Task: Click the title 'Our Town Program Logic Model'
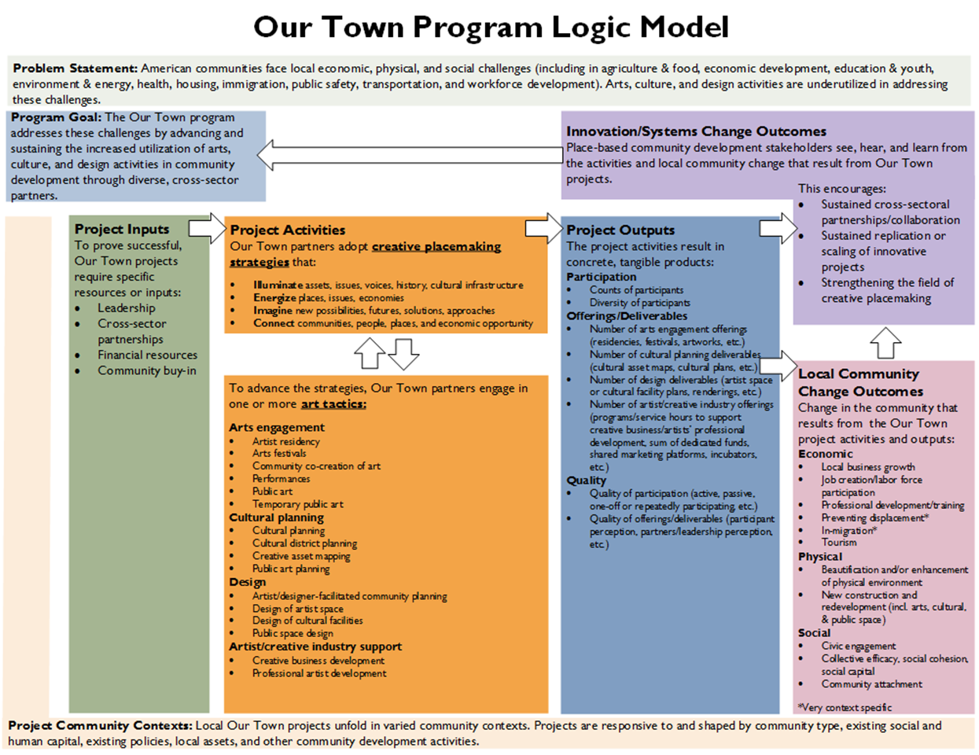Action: (x=491, y=28)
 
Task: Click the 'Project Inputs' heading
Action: (x=122, y=229)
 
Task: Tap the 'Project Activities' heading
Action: (x=288, y=230)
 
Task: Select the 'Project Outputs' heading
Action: (x=620, y=230)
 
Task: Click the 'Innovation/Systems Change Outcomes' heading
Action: (x=696, y=131)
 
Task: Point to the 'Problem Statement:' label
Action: (x=75, y=68)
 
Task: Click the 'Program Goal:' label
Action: (x=56, y=117)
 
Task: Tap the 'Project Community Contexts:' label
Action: (x=100, y=725)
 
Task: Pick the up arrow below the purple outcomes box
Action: (x=885, y=342)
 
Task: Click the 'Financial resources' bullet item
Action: (x=147, y=355)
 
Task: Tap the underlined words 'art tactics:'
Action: (x=333, y=403)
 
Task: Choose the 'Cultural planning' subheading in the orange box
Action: (x=276, y=517)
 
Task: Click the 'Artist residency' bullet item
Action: (x=285, y=441)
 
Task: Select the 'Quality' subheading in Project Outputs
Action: (x=586, y=480)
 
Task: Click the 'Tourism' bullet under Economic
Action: (x=839, y=542)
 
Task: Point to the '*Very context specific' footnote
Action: (x=845, y=707)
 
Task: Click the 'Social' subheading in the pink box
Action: (x=814, y=632)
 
